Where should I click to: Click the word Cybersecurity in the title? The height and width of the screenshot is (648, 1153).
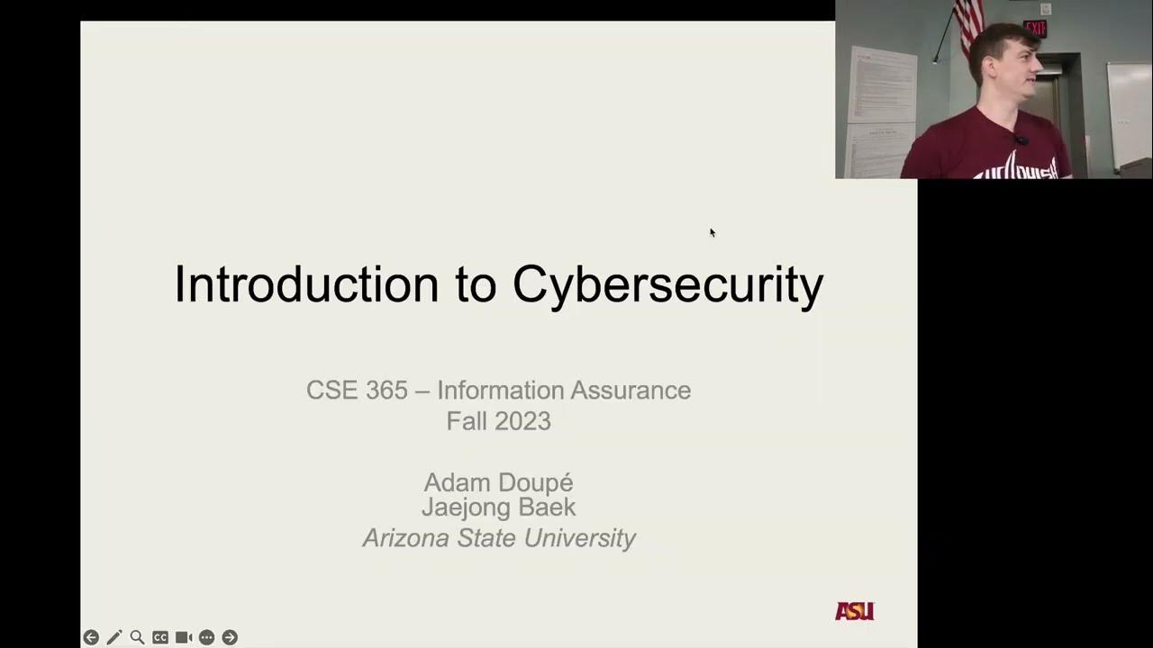coord(667,285)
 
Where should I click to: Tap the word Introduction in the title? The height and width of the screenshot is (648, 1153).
coord(305,283)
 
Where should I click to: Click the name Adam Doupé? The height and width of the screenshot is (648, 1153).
coord(498,482)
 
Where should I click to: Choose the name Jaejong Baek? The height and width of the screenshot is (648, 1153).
coord(498,507)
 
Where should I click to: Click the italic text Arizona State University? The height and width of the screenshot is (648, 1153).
coord(498,538)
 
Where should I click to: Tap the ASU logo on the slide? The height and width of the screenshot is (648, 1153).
coord(854,611)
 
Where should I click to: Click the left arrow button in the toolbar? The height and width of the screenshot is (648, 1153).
coord(91,637)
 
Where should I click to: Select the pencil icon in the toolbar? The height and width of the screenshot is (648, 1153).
coord(114,637)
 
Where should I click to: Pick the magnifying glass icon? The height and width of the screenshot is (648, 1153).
coord(137,637)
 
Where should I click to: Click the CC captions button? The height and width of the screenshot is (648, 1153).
coord(160,637)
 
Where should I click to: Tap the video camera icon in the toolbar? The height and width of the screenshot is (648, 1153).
coord(184,637)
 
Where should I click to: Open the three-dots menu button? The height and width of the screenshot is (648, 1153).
coord(206,637)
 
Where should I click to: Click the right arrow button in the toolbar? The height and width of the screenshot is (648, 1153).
coord(230,637)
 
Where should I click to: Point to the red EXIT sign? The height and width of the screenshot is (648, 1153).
coord(1035,29)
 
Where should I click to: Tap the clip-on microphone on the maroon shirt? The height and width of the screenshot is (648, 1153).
coord(1021,139)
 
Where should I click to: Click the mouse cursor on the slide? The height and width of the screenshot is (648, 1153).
coord(712,232)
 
